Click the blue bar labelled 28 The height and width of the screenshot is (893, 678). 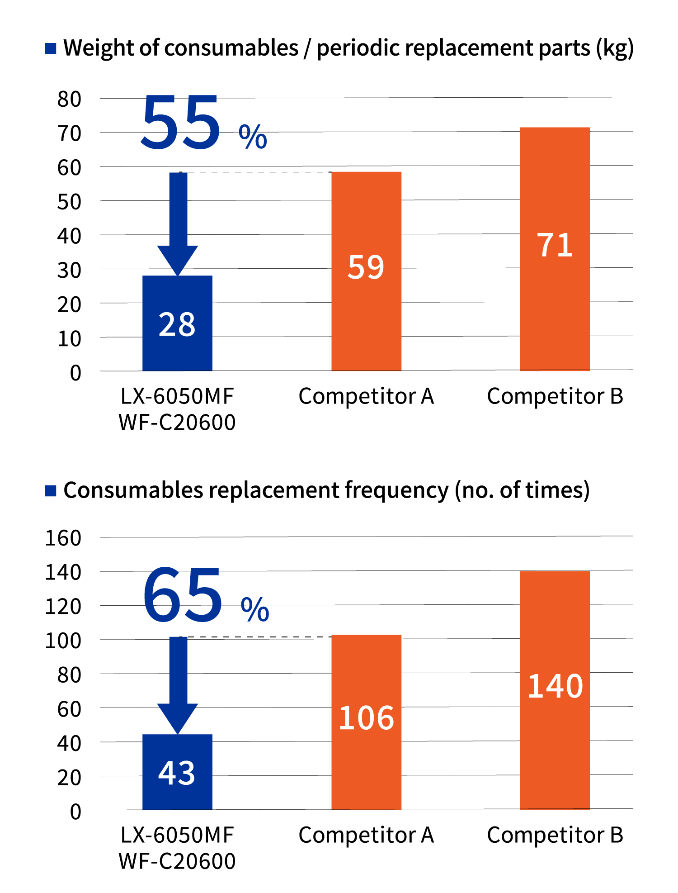[x=177, y=323]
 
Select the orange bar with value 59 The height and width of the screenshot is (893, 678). [x=366, y=271]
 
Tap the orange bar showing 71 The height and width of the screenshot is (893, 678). [x=555, y=249]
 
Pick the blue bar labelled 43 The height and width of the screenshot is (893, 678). [x=177, y=772]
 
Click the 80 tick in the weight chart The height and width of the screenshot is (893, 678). [x=69, y=99]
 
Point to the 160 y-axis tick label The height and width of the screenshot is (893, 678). [x=63, y=538]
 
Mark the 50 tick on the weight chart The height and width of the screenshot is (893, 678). [x=69, y=202]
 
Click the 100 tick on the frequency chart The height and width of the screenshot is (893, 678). [x=63, y=641]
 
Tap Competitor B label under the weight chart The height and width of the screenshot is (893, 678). [x=555, y=396]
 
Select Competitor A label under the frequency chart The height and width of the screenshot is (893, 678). [x=366, y=835]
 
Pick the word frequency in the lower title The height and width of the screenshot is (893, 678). [x=396, y=490]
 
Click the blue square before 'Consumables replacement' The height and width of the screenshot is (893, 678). [x=51, y=490]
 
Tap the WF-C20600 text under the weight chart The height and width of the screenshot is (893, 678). [x=177, y=423]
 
